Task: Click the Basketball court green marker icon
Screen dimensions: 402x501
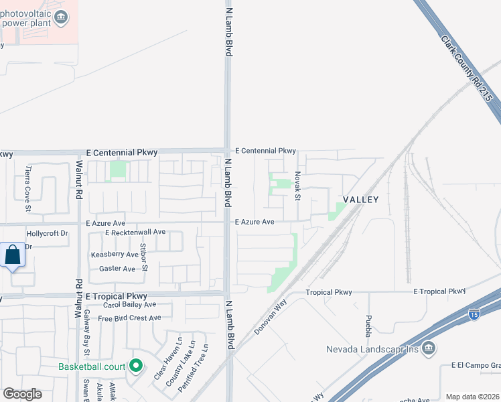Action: (x=136, y=366)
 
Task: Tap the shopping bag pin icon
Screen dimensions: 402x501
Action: (x=12, y=255)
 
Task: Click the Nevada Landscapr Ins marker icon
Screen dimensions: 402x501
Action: (x=429, y=348)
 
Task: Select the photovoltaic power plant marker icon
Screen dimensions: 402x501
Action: (x=62, y=17)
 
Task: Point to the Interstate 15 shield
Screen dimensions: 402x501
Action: (x=474, y=314)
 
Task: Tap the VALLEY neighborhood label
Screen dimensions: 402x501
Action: (x=361, y=200)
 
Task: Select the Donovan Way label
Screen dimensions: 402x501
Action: (x=271, y=318)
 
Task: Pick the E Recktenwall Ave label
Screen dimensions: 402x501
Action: (x=135, y=232)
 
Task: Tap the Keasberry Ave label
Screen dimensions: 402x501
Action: (x=115, y=255)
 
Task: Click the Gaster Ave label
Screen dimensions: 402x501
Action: (x=117, y=269)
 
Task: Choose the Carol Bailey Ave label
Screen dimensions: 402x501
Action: (x=129, y=305)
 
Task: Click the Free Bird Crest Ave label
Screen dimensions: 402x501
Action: (x=129, y=318)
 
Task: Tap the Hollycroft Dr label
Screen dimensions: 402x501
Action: (x=47, y=234)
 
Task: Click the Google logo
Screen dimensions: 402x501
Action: (x=22, y=394)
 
